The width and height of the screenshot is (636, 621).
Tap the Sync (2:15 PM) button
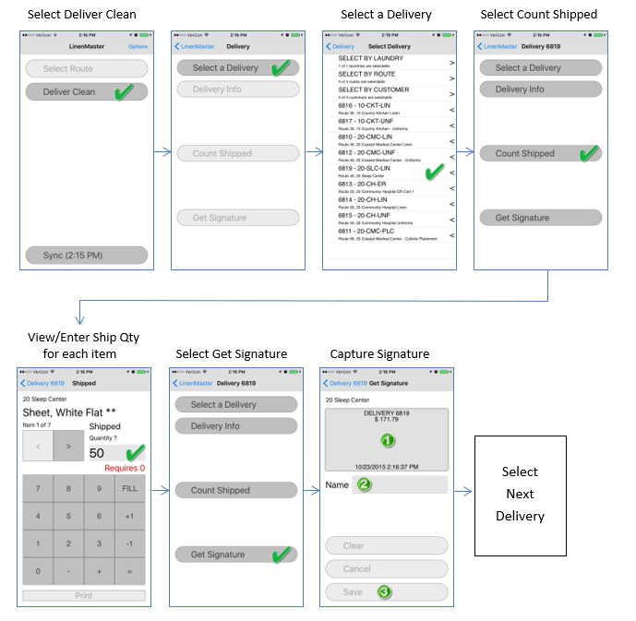[x=84, y=255]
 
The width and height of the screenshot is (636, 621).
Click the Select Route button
[x=84, y=68]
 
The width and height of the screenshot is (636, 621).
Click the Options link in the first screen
[x=138, y=46]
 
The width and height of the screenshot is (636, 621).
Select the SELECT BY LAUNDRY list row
[x=389, y=61]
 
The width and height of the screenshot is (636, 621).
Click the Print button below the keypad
[x=84, y=596]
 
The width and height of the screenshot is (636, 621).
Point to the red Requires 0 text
[x=125, y=469]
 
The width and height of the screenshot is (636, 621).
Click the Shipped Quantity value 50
[x=98, y=453]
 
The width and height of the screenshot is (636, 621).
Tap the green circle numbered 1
[x=388, y=441]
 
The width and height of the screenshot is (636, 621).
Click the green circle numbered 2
[x=364, y=484]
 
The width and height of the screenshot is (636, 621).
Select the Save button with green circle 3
[x=387, y=592]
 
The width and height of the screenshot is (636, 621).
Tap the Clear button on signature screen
[x=387, y=545]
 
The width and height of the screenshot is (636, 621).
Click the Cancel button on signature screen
[x=387, y=569]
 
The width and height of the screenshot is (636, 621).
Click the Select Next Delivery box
[x=520, y=494]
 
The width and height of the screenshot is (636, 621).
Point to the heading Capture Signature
[x=379, y=354]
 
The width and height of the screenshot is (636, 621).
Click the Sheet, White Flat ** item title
[x=70, y=412]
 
